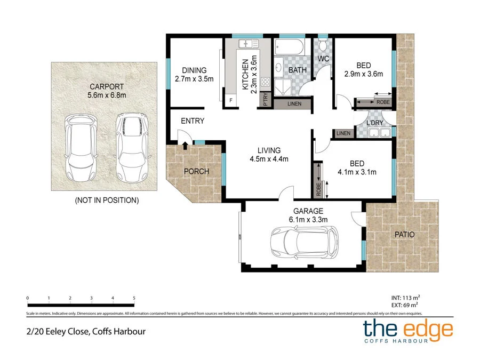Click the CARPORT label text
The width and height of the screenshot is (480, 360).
tap(106, 86)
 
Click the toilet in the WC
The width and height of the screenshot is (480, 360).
tap(323, 45)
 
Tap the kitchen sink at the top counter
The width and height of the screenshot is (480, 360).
tap(248, 44)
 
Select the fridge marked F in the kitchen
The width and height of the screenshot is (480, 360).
tap(231, 100)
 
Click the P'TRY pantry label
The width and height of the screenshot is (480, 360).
tap(266, 100)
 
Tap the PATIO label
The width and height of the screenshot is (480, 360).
tap(404, 234)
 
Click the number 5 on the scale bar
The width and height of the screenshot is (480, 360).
tap(134, 298)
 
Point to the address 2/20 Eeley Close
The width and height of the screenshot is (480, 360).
tap(85, 331)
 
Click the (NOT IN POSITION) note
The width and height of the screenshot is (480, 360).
tap(106, 201)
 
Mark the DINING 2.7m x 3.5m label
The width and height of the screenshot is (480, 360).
tap(194, 75)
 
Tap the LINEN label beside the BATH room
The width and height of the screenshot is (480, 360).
tap(294, 103)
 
